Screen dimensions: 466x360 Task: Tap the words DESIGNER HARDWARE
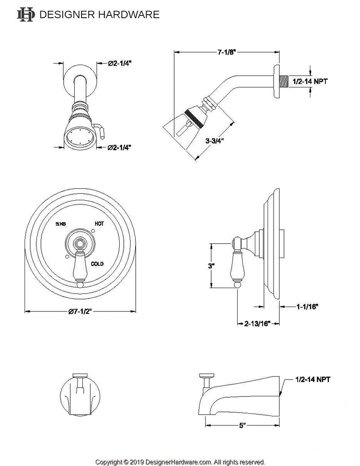click(100, 15)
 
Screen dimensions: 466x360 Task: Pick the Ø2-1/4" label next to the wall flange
click(120, 64)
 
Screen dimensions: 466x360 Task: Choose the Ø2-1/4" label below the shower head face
click(120, 147)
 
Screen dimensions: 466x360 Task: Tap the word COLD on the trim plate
click(98, 263)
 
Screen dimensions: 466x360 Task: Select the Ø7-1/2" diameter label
click(82, 311)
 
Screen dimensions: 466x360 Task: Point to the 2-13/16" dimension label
click(257, 324)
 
